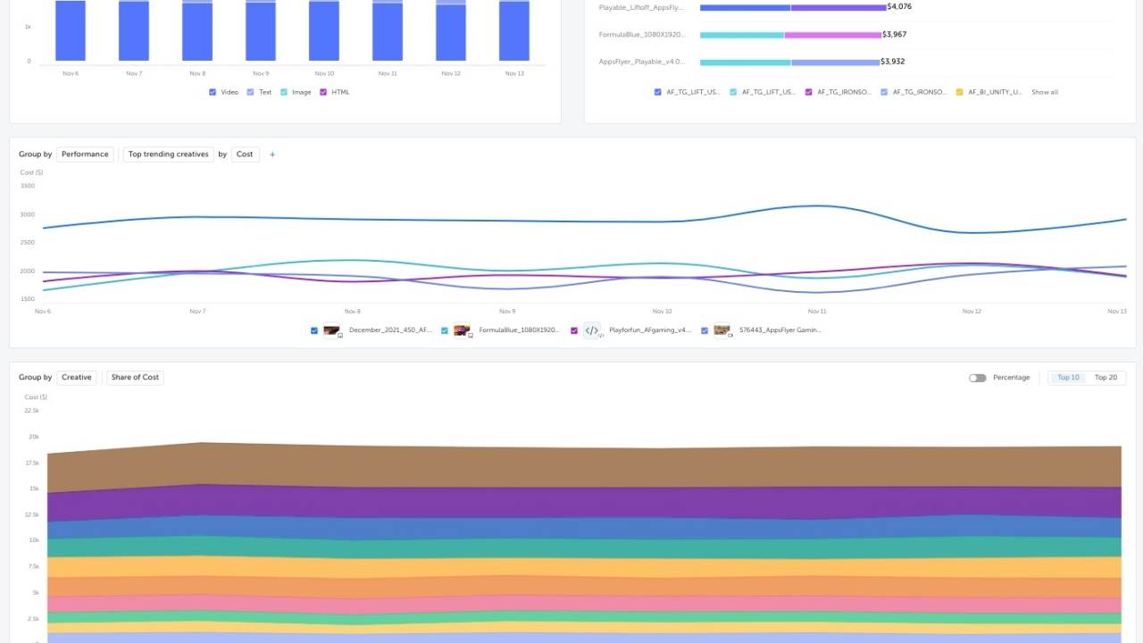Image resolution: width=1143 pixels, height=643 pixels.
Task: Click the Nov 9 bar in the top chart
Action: coord(261,31)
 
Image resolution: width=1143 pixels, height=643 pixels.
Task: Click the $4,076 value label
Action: coord(899,7)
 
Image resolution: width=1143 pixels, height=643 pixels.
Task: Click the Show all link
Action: coord(1044,92)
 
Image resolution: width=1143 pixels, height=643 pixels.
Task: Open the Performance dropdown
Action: coord(85,154)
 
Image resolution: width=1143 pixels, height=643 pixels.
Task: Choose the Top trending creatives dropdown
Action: coord(168,154)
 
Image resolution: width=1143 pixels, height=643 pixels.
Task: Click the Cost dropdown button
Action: coord(245,154)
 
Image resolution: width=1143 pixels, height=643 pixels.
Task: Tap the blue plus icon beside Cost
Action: coord(272,154)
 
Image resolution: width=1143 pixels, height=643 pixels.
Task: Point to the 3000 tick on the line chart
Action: coord(27,214)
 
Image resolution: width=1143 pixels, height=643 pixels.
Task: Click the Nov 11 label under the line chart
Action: coord(816,312)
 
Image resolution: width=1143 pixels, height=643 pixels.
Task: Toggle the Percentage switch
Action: coord(978,378)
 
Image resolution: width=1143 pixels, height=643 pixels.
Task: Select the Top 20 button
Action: coord(1105,378)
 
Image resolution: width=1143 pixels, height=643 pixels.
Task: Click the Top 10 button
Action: coord(1068,378)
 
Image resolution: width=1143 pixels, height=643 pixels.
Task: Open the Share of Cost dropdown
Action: coord(135,378)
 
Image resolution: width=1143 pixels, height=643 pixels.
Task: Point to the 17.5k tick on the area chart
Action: coord(32,463)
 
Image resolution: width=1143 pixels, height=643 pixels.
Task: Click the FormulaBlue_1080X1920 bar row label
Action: coord(642,35)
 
